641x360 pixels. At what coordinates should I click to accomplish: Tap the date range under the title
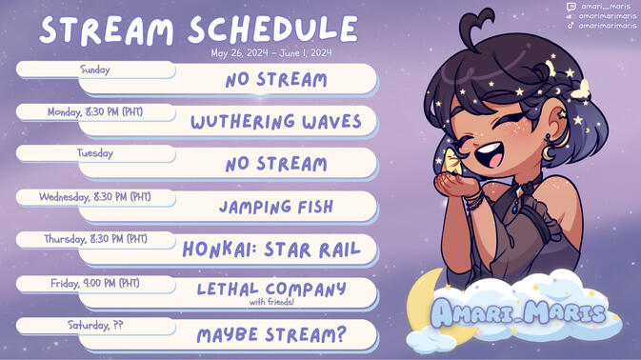click(x=272, y=52)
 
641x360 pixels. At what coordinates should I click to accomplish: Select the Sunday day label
click(x=95, y=70)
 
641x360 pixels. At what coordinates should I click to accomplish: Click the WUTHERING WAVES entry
click(x=276, y=122)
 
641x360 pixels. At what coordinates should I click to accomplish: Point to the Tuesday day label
click(x=95, y=153)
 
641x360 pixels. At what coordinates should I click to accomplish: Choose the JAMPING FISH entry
click(x=276, y=206)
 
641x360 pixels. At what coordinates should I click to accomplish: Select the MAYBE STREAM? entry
click(x=271, y=335)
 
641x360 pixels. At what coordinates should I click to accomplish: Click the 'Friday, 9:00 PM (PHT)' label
click(x=95, y=283)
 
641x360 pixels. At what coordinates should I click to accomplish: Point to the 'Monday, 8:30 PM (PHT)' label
click(x=95, y=111)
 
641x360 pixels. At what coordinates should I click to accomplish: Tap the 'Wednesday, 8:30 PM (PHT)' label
click(x=95, y=197)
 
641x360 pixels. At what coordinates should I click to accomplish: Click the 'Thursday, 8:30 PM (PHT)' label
click(x=95, y=239)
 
